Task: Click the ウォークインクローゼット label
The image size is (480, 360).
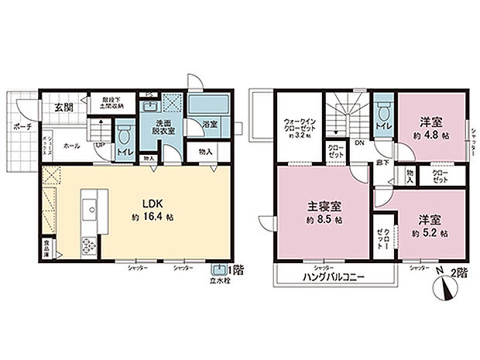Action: pos(298,123)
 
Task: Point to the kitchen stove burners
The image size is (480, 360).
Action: pos(87,245)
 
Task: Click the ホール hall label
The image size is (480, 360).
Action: pos(70,145)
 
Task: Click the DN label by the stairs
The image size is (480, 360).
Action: pos(358,143)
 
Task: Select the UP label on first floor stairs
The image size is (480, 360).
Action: pos(100,144)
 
